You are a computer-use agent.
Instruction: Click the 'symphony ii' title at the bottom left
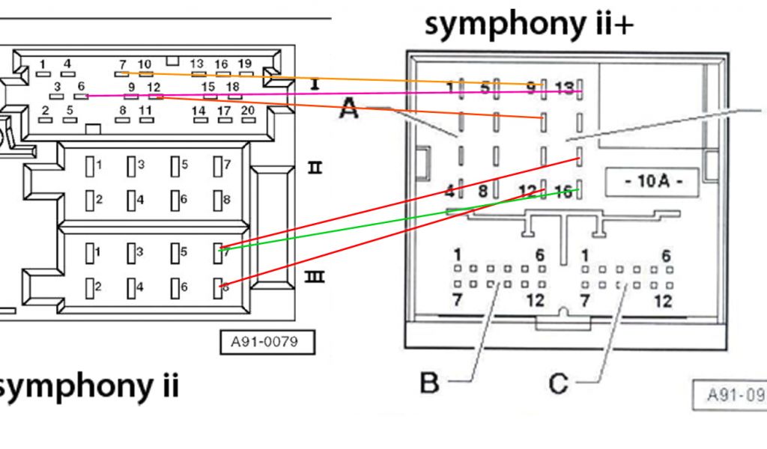88,386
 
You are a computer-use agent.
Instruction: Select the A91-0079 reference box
267,342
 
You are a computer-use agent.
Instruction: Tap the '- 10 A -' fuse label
651,182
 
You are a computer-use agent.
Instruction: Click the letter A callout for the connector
348,109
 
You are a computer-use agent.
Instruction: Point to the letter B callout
429,383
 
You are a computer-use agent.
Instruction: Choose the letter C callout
559,383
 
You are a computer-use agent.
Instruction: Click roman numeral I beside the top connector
315,85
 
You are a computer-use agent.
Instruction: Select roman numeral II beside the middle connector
315,167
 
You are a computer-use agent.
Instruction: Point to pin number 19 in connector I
244,64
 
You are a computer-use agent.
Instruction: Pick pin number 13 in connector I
197,64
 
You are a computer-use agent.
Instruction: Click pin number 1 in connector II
98,164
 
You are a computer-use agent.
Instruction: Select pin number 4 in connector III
140,287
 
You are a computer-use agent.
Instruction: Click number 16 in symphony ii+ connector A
565,192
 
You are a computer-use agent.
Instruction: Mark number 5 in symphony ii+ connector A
485,88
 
